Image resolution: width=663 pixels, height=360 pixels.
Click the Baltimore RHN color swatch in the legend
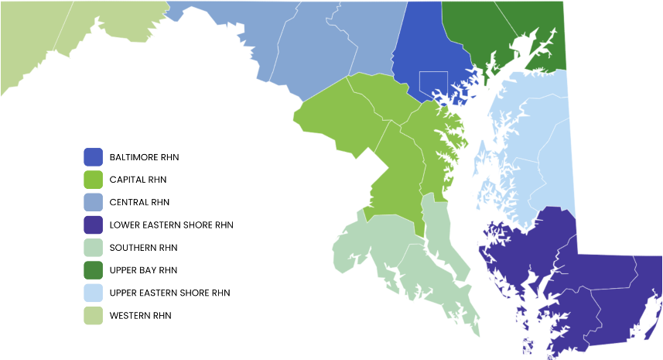tap(93, 157)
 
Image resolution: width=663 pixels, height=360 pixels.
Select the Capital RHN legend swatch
tap(93, 180)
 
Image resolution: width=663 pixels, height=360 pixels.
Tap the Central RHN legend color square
tap(93, 202)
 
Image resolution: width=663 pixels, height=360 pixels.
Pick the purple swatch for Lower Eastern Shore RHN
tap(93, 225)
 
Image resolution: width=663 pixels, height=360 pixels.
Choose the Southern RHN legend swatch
tap(93, 248)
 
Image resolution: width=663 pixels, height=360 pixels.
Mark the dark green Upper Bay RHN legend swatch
tap(93, 270)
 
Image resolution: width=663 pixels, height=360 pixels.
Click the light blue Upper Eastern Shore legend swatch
tap(93, 293)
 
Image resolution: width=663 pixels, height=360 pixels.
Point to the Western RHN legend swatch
tap(93, 316)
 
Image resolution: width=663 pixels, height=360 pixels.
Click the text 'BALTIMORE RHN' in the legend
tap(144, 157)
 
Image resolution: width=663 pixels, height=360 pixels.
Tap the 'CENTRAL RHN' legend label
tap(139, 202)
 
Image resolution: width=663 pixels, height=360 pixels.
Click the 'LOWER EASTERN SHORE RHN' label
tap(171, 225)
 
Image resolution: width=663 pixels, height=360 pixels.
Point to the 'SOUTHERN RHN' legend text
tap(143, 248)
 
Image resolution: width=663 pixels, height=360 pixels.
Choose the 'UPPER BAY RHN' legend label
tap(143, 270)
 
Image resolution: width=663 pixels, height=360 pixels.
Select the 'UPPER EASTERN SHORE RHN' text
tap(169, 293)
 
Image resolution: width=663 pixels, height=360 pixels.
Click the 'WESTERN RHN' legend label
tap(140, 316)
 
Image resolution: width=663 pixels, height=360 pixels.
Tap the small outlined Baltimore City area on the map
tap(433, 81)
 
